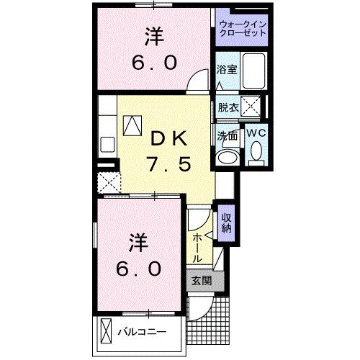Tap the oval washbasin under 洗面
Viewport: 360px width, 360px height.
(x=228, y=158)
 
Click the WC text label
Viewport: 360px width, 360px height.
(x=258, y=132)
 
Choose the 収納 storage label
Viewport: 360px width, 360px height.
(x=226, y=222)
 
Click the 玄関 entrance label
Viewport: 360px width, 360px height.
(x=201, y=281)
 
